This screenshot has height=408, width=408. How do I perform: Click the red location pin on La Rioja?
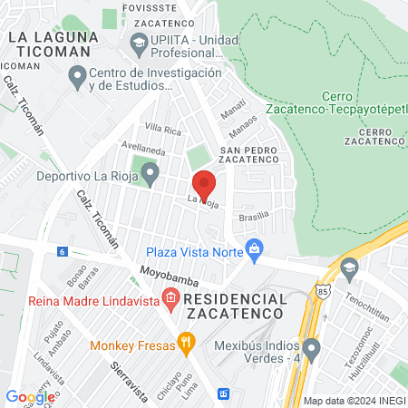[x=204, y=183]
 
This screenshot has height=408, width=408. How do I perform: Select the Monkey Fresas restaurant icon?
[x=186, y=343]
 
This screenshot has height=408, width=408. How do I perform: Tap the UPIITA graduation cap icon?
[x=139, y=42]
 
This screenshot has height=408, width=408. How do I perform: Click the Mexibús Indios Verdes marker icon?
[x=312, y=348]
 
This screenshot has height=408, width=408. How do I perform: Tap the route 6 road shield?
[x=62, y=251]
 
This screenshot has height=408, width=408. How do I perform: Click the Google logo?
[x=30, y=396]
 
